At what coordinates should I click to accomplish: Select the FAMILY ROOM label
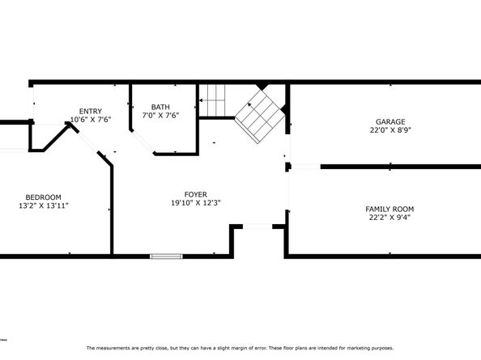coord(389,210)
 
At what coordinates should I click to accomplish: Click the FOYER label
coord(195,194)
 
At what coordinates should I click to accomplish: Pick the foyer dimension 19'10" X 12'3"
coord(195,203)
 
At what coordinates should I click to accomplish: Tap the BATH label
coord(160,107)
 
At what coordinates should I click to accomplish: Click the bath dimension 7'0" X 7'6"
coord(160,116)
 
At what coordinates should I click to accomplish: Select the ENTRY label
coord(90,111)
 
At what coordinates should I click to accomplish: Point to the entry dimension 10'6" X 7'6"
coord(90,120)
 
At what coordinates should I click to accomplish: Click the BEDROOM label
coord(43,197)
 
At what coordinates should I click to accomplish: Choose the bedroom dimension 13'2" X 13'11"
coord(43,206)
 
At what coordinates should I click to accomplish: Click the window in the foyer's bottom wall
coord(166,256)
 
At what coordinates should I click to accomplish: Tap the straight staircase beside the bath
coord(212,101)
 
